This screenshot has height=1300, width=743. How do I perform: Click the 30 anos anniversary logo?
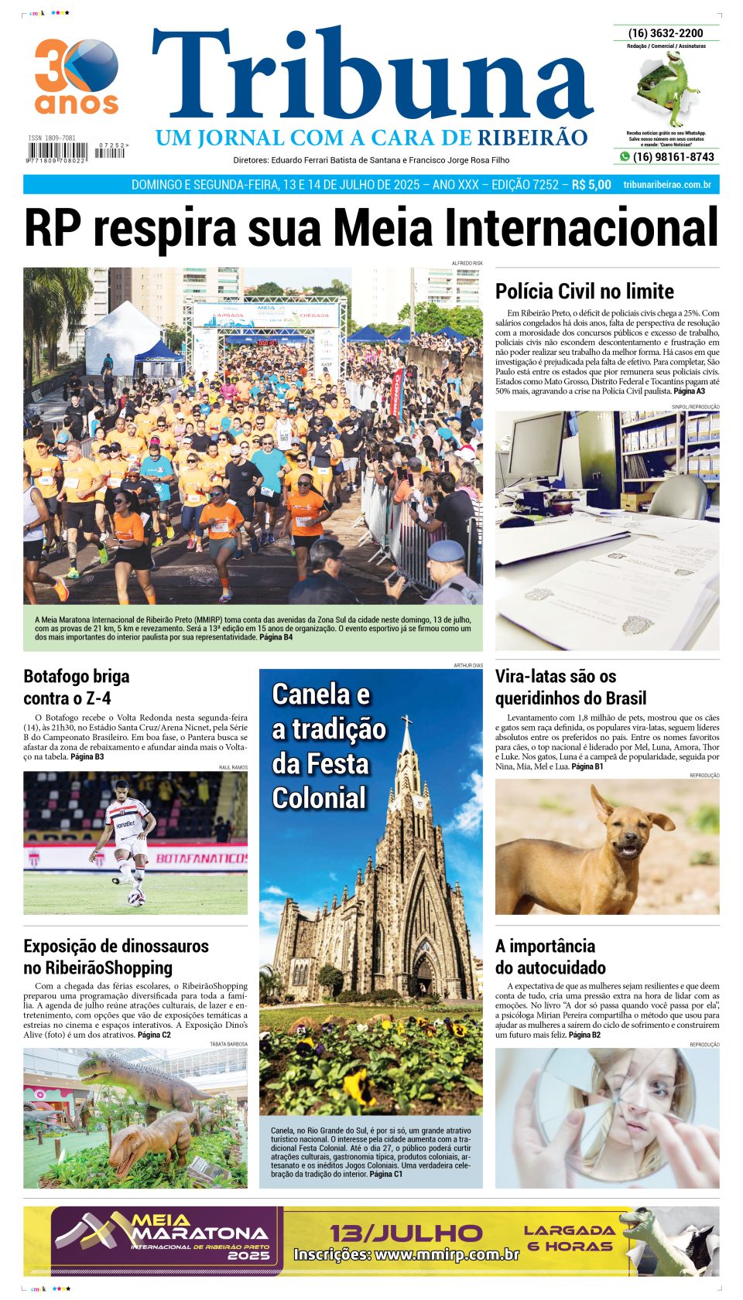click(76, 76)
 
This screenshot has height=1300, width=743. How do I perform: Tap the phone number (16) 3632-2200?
click(666, 33)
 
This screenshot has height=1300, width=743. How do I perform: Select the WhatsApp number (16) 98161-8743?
click(673, 157)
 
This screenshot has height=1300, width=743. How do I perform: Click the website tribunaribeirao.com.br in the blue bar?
click(666, 185)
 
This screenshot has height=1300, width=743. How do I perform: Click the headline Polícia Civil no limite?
click(584, 292)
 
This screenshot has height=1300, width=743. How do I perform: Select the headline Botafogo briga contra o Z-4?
click(77, 687)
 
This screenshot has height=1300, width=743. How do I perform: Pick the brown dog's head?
click(624, 824)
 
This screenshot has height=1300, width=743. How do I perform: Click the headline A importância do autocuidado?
click(550, 957)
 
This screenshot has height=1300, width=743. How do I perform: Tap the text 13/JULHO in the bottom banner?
click(406, 1233)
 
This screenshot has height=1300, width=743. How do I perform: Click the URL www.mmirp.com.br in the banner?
click(406, 1254)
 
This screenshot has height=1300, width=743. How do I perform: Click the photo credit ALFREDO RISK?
click(467, 264)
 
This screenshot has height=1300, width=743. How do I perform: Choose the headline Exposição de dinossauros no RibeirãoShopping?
click(116, 957)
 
